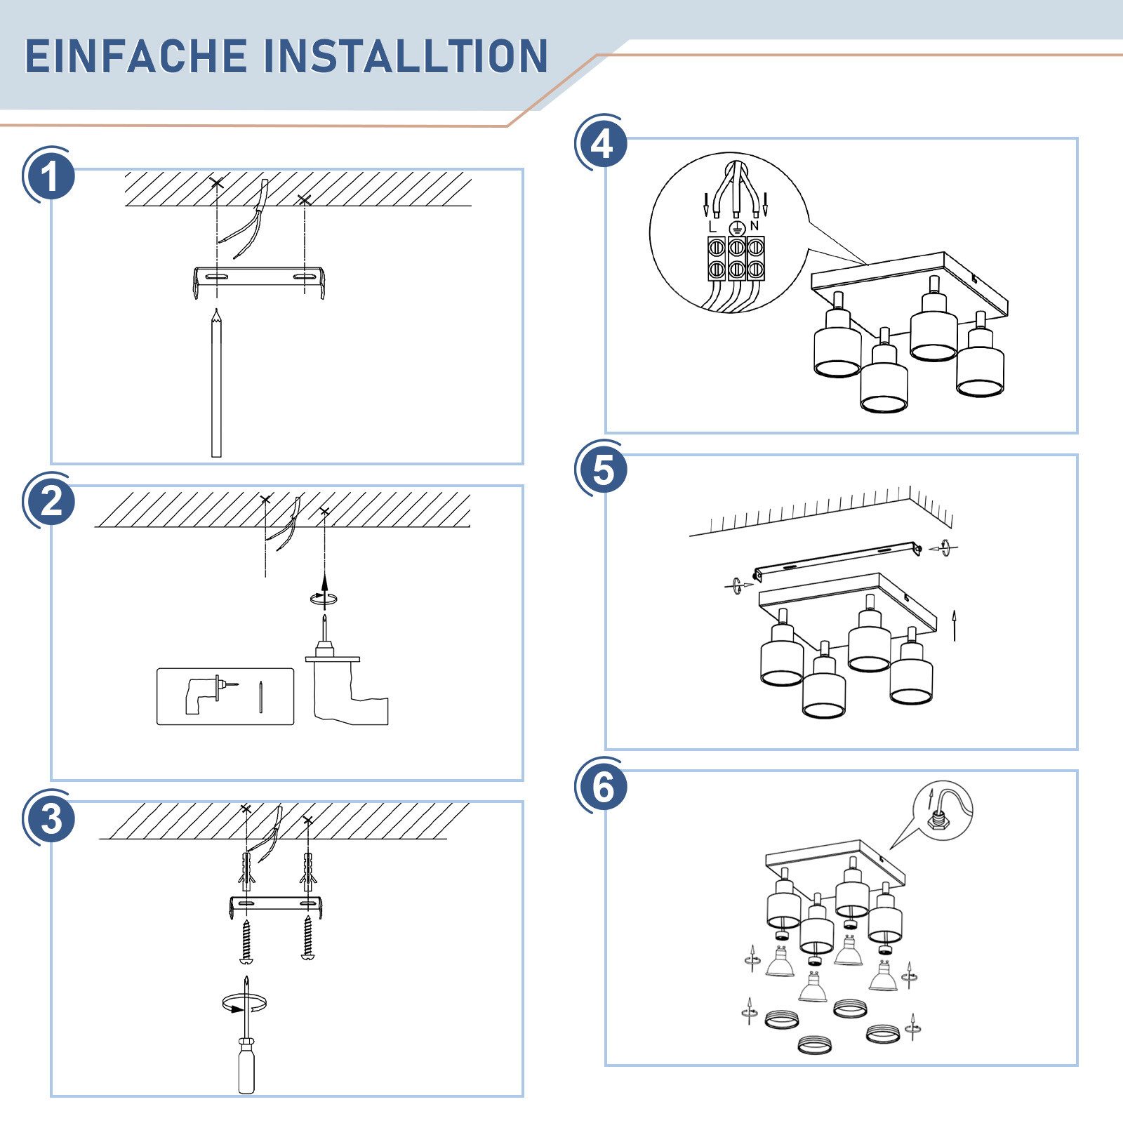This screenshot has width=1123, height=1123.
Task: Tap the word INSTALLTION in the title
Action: (x=406, y=56)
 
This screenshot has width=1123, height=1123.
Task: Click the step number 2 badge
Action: (x=50, y=503)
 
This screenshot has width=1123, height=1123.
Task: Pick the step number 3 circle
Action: (x=50, y=818)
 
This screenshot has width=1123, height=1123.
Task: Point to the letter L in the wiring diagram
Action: (x=712, y=227)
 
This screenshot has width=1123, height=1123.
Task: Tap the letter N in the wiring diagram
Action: (x=755, y=226)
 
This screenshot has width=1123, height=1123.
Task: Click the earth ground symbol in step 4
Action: (x=736, y=228)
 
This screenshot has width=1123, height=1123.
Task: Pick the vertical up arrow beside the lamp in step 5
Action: (x=955, y=626)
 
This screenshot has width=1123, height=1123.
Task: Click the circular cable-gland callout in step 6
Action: (x=942, y=811)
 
